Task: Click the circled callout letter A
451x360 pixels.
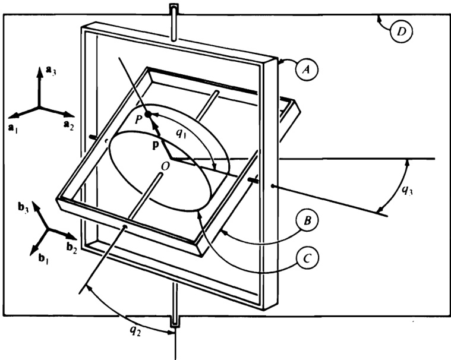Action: pos(306,70)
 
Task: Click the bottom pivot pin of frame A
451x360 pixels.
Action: pos(175,312)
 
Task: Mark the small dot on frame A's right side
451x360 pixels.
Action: pos(272,186)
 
